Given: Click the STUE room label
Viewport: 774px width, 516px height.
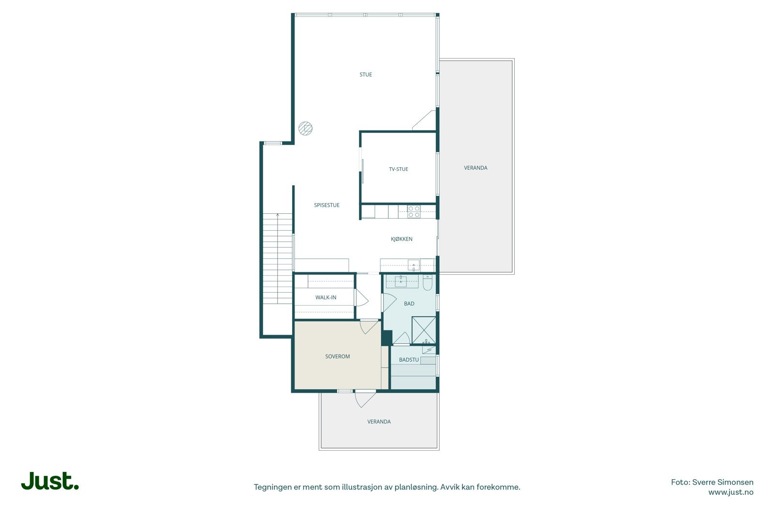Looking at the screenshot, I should coord(366,74).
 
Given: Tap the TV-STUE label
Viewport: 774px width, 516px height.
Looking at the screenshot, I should coord(399,169).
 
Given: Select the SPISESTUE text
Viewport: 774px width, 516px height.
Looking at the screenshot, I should coord(327,205).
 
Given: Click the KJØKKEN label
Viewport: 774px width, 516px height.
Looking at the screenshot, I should coord(402,239).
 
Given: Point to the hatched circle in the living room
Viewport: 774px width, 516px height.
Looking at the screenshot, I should coord(305,128).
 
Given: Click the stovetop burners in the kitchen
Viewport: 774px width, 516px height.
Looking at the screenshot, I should coord(414,211).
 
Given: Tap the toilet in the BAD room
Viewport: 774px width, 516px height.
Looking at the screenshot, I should coord(428,282).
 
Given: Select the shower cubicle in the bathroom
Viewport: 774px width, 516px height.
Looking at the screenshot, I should coord(424,330).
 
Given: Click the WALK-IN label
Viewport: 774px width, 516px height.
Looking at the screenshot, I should coord(326,297).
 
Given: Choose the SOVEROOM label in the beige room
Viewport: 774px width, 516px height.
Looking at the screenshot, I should coord(337,356).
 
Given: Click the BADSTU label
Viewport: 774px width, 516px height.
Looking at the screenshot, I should coord(409,360).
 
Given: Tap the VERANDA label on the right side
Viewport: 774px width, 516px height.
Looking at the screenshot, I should coord(476,168).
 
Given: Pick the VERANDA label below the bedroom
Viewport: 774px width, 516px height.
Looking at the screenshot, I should coord(379,422).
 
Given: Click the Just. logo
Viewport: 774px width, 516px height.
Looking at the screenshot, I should coord(50,481).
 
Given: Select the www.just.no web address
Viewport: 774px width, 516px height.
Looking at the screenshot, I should coord(730,492).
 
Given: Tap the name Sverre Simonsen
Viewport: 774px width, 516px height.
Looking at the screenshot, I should coord(723,482).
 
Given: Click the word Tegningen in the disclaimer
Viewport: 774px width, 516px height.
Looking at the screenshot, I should coord(272,487).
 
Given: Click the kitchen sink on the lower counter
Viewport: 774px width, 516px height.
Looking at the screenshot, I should coord(414,265).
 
